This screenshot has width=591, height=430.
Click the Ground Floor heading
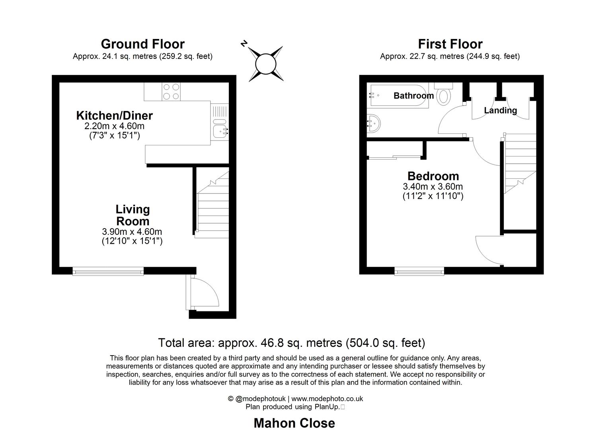142,44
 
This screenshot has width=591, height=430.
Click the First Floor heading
450,44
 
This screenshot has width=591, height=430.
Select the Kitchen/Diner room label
114,115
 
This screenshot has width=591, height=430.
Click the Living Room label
133,215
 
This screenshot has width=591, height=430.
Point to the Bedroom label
433,176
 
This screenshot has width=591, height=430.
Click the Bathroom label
414,96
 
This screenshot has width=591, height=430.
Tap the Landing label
500,110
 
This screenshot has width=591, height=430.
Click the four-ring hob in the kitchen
171,92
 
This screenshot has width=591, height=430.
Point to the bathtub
398,96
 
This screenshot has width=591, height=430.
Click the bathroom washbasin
373,123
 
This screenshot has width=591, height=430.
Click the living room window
108,272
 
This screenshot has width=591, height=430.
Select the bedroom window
419,272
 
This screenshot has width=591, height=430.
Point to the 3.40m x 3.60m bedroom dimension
433,186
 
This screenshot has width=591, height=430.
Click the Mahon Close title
295,423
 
